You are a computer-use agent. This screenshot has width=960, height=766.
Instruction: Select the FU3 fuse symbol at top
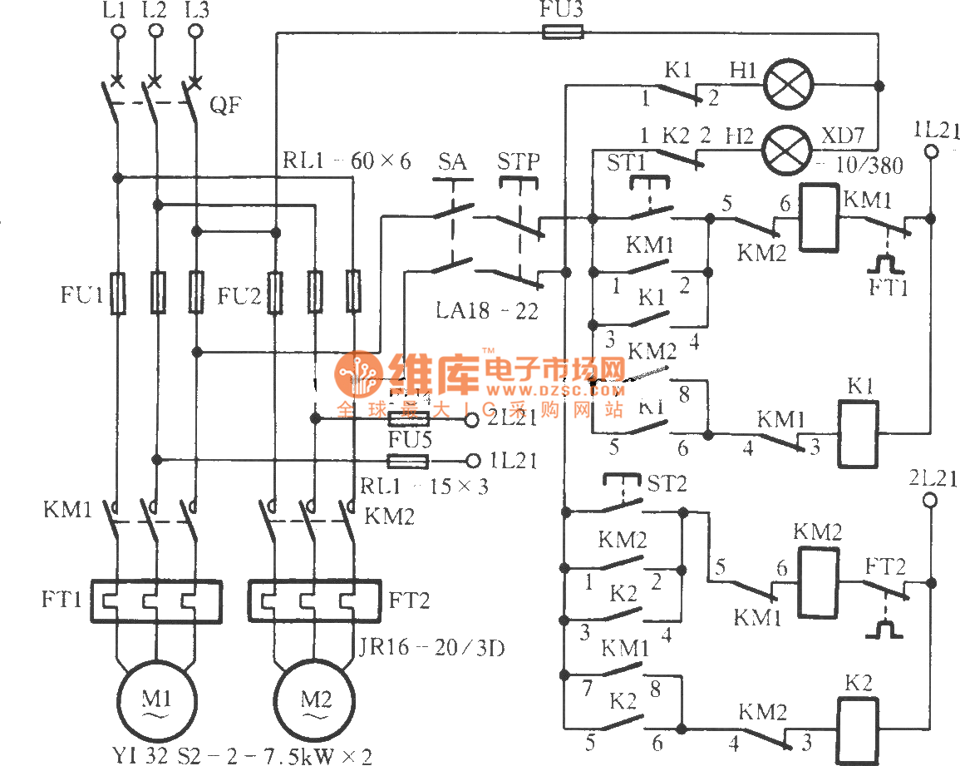(x=563, y=32)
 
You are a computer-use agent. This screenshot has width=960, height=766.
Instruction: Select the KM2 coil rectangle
(x=817, y=582)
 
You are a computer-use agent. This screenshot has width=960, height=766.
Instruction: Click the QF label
(x=221, y=107)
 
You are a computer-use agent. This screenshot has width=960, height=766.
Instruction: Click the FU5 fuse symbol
(x=408, y=460)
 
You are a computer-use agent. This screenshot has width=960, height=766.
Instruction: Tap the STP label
(x=519, y=160)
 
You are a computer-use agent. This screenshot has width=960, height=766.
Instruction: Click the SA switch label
(x=451, y=160)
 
